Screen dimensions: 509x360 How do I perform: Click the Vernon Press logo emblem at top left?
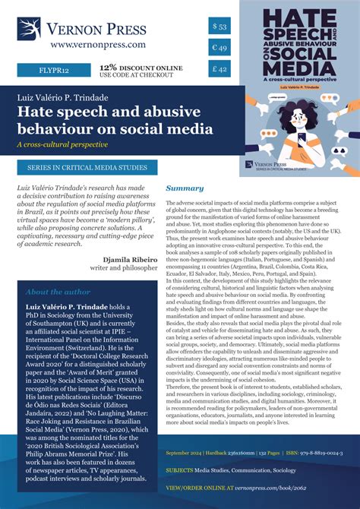coord(29,29)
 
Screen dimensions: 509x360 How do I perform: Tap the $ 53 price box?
coord(219,27)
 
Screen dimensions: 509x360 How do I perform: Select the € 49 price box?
coord(219,49)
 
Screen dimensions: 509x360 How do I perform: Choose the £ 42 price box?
coord(219,71)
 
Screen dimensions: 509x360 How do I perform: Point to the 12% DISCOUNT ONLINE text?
coord(141,67)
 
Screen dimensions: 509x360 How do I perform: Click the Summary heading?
coord(185,188)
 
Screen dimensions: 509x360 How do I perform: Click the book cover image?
coord(299,87)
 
